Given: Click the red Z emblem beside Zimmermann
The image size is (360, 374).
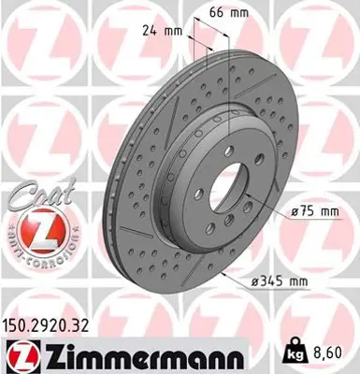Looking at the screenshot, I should [x=20, y=355].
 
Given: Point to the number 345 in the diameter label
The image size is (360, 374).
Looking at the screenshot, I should [x=274, y=278].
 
